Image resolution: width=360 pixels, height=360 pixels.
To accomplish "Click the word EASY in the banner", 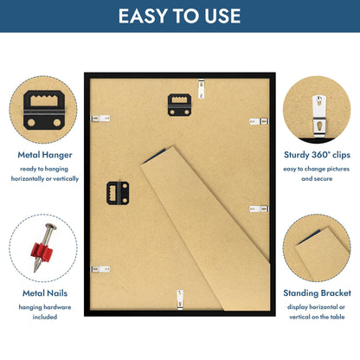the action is tap(143, 16).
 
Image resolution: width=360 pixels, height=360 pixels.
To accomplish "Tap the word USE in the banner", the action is tap(222, 16).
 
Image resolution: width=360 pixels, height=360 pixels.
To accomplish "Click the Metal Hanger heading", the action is tap(45, 155).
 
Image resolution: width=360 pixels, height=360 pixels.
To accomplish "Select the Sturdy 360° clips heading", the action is tap(317, 155).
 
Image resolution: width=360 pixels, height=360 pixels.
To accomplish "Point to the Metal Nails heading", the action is tap(45, 293).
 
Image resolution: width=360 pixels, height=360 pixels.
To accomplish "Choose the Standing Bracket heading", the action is tap(317, 293).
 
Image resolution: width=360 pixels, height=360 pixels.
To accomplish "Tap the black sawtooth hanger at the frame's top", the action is tap(179, 105).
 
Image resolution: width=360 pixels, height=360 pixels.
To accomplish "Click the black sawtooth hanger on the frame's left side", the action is tap(118, 193).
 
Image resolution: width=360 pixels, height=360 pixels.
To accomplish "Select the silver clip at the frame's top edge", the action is tap(202, 89).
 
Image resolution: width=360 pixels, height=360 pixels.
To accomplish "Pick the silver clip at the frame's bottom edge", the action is tap(180, 299).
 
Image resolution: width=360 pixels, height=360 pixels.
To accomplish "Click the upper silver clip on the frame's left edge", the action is tap(100, 119).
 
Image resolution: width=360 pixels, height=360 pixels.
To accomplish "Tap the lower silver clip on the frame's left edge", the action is tap(100, 269).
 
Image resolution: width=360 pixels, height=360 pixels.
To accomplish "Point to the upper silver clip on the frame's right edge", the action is tap(259, 121).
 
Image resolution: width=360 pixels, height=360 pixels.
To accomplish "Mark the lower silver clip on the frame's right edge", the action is tap(259, 209).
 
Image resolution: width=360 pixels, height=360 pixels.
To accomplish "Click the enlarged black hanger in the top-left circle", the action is tap(44, 110).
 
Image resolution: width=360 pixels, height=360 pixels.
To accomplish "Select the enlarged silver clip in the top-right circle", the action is tap(319, 116).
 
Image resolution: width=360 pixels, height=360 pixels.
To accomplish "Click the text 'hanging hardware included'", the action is tap(45, 312).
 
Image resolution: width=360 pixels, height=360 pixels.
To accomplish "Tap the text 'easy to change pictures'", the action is tap(317, 169).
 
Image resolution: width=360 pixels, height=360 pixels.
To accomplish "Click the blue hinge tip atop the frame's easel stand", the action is tap(155, 156).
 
